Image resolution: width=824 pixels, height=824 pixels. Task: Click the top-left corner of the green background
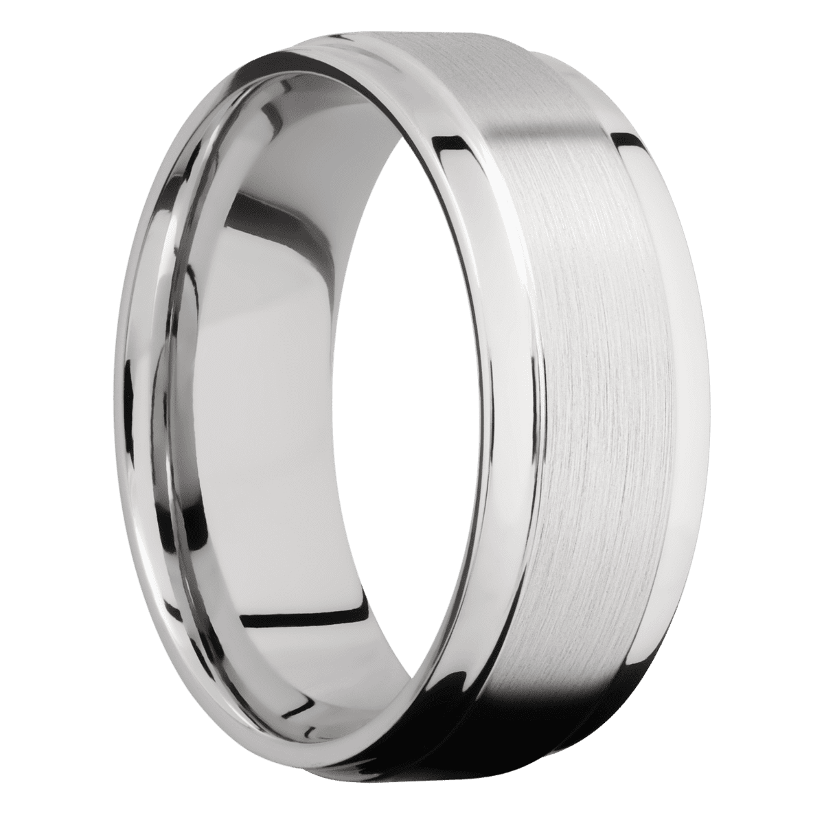click(x=3, y=3)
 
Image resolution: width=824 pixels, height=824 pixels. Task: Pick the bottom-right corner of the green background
click(x=820, y=820)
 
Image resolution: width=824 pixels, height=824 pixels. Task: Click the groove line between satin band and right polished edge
click(x=652, y=343)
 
